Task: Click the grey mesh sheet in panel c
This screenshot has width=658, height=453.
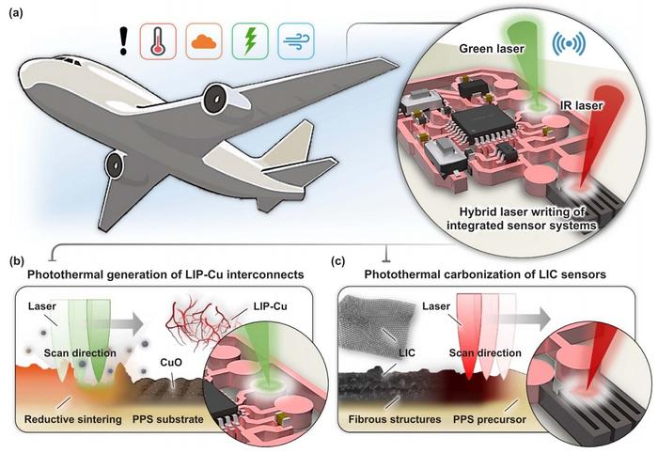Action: tap(377, 324)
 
